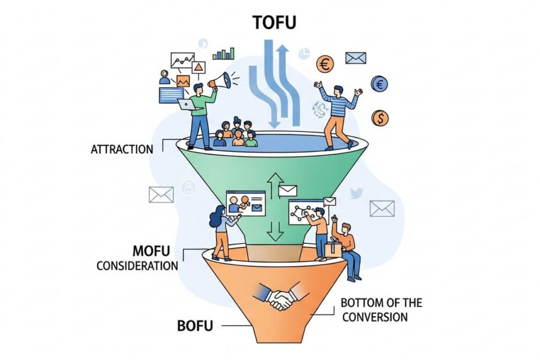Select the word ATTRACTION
pyautogui.click(x=122, y=149)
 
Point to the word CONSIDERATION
pyautogui.click(x=137, y=266)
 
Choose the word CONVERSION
pyautogui.click(x=375, y=317)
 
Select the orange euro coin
pyautogui.click(x=325, y=64)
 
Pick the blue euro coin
pyautogui.click(x=380, y=84)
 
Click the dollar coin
pyautogui.click(x=380, y=118)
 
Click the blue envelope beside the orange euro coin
pyautogui.click(x=355, y=57)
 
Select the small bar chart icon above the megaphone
pyautogui.click(x=224, y=53)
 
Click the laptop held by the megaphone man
pyautogui.click(x=186, y=104)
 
